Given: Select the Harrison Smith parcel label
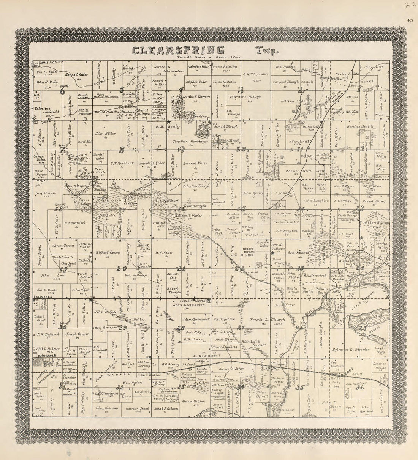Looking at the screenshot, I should point(360,126).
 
